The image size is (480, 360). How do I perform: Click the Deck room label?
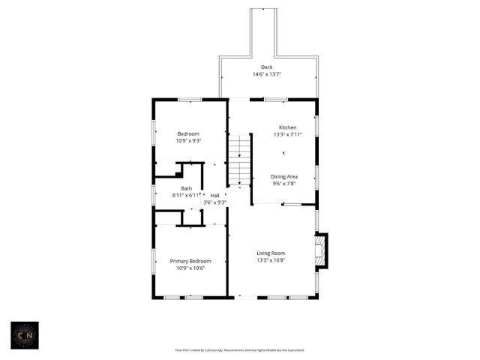pyautogui.click(x=266, y=67)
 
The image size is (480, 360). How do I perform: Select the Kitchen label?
pyautogui.click(x=288, y=127)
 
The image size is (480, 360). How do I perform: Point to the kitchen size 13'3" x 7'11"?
pyautogui.click(x=288, y=134)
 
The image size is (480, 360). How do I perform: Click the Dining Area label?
pyautogui.click(x=284, y=176)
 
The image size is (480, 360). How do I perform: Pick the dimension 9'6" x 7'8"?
pyautogui.click(x=284, y=183)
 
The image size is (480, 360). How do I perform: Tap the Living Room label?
pyautogui.click(x=271, y=253)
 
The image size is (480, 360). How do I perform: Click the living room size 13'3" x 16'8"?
pyautogui.click(x=271, y=259)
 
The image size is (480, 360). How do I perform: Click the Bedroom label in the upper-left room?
pyautogui.click(x=188, y=133)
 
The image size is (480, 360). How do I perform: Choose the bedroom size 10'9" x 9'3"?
pyautogui.click(x=188, y=140)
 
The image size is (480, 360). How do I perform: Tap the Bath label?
pyautogui.click(x=186, y=188)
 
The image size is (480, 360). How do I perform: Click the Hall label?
pyautogui.click(x=214, y=195)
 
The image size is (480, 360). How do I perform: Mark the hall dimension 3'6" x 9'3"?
pyautogui.click(x=214, y=202)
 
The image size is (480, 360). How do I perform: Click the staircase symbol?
pyautogui.click(x=239, y=160)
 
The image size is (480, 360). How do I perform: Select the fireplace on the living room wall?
pyautogui.click(x=321, y=251)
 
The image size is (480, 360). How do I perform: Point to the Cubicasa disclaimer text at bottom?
pyautogui.click(x=239, y=349)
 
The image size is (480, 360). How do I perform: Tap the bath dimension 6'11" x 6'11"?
pyautogui.click(x=186, y=195)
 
